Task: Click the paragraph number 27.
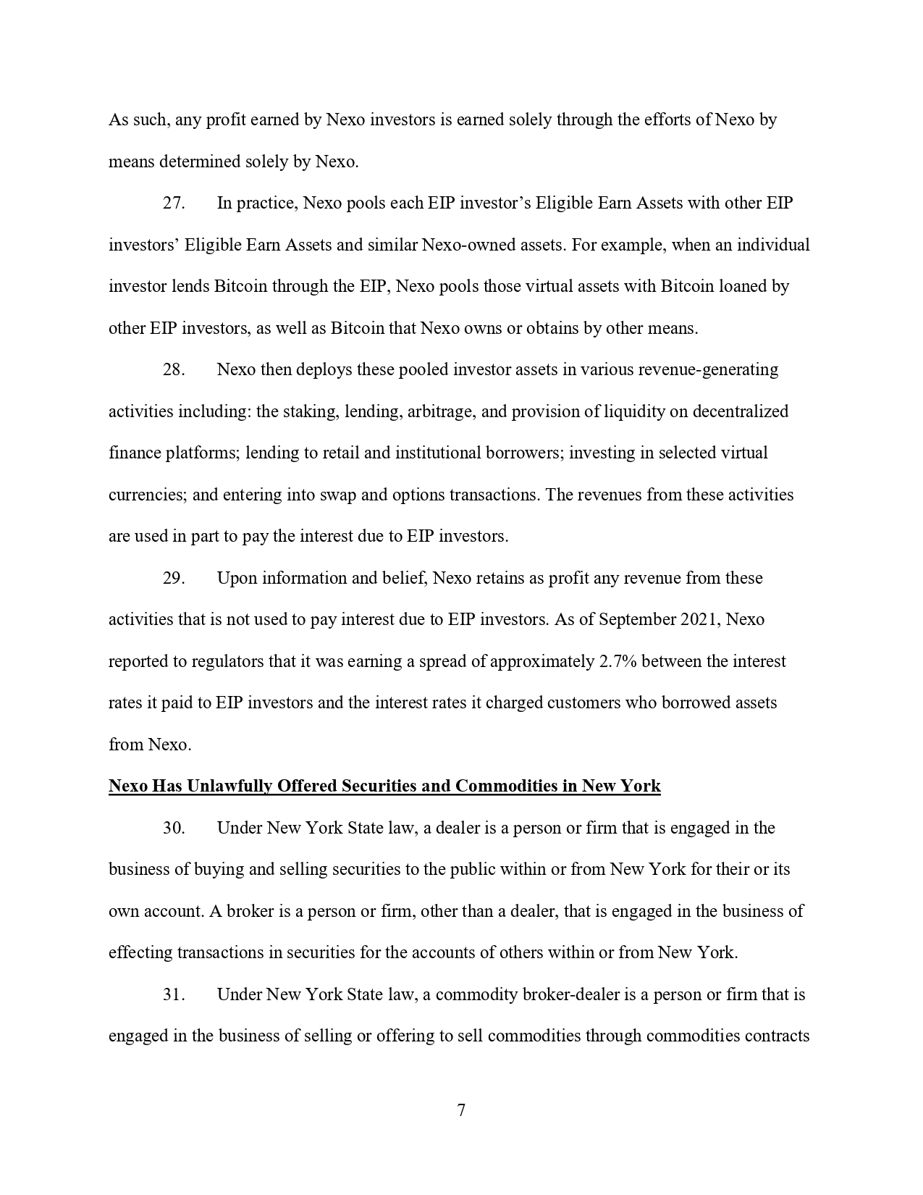click(x=174, y=203)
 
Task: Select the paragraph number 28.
click(x=174, y=369)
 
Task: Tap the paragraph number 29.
click(x=174, y=578)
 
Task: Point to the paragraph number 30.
click(x=174, y=828)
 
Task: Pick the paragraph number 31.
click(x=174, y=994)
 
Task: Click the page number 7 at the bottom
click(x=461, y=1110)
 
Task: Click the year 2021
click(x=701, y=620)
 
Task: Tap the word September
click(x=638, y=620)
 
